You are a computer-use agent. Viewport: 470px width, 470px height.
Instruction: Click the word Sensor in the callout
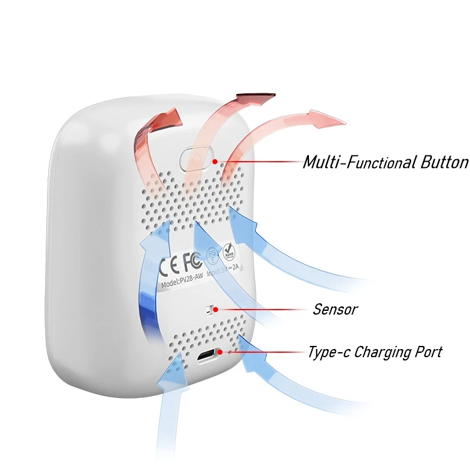click(x=335, y=309)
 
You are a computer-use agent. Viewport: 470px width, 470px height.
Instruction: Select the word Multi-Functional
click(x=359, y=162)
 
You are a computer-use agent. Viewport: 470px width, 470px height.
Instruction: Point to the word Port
click(x=429, y=352)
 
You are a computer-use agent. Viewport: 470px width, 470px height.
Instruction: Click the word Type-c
click(x=328, y=352)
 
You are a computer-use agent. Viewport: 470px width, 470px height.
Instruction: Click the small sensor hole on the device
click(x=211, y=309)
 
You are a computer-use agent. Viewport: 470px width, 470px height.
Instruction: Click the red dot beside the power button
click(x=215, y=161)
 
